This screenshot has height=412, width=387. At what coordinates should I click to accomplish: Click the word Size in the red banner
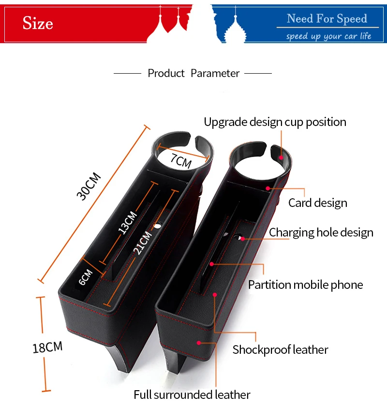point(38,23)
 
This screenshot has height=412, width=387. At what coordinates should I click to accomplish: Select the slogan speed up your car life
point(328,36)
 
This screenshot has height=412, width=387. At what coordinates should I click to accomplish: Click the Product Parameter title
point(193,73)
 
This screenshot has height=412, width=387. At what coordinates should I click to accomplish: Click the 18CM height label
point(47,347)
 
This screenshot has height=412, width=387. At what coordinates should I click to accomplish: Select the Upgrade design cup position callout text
point(275,122)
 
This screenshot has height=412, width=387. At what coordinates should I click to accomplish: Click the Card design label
point(318,203)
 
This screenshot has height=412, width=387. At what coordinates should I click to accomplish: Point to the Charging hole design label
point(321,233)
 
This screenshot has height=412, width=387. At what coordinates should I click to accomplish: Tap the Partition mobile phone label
point(305,285)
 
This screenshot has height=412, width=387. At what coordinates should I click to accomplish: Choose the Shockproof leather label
point(280,349)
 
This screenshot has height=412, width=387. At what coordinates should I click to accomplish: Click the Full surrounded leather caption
point(192,395)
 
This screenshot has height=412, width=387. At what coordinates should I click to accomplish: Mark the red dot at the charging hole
point(243,239)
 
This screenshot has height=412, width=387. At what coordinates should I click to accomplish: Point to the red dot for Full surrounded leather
point(199,342)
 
